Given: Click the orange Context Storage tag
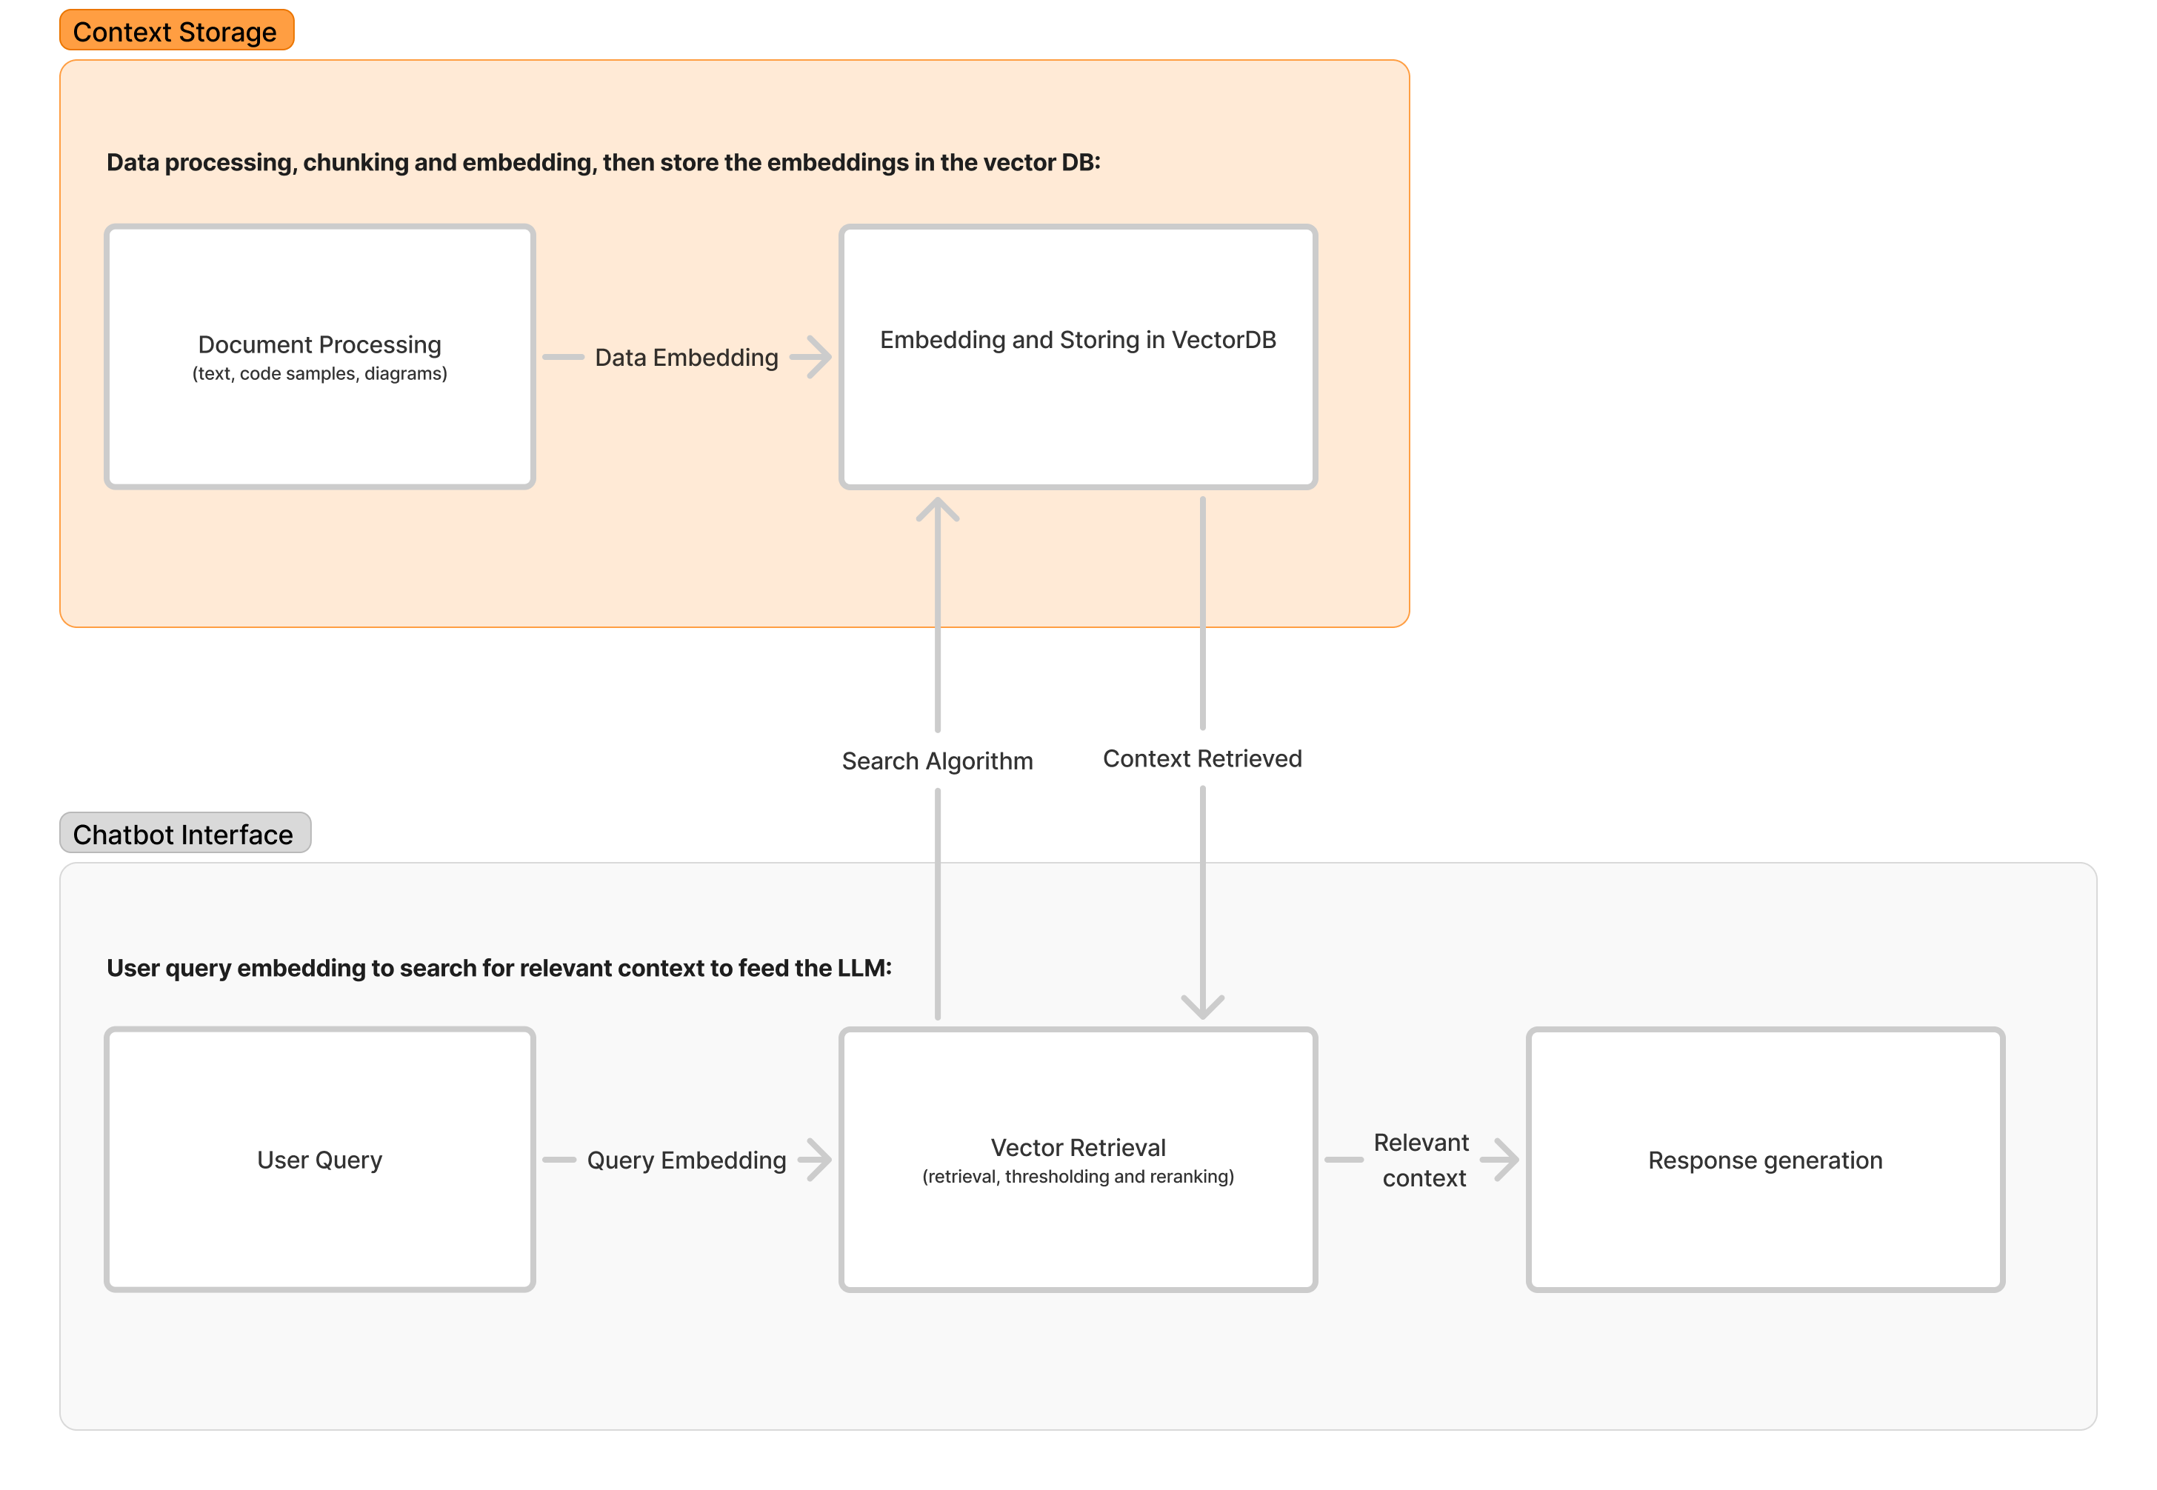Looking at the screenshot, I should (176, 31).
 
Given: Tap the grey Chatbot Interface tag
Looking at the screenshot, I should (184, 833).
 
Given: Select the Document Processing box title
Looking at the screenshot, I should (319, 344).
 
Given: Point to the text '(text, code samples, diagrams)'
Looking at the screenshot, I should (319, 373).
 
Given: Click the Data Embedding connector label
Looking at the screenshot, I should (687, 358).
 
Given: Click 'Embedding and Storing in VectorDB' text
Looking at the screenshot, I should (1078, 340).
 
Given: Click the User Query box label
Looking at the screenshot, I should (319, 1160).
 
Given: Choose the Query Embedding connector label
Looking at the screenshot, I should (687, 1160).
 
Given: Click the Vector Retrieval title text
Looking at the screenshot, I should (1078, 1147).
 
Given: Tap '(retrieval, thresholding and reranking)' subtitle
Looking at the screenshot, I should (1078, 1176).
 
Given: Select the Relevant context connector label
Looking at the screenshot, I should (1422, 1160).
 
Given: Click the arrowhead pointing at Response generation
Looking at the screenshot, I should (1505, 1160).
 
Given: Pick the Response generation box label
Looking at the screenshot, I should (1765, 1160).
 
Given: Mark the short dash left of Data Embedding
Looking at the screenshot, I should (563, 357).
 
